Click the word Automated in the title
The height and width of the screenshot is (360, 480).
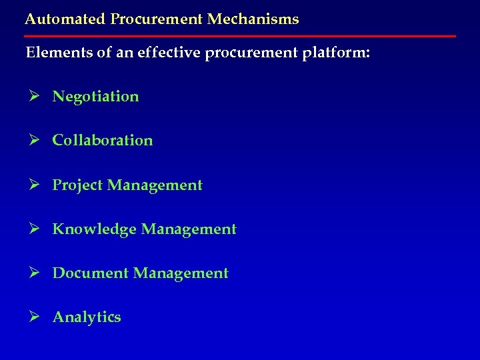point(57,19)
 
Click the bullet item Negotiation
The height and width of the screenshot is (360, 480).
point(96,97)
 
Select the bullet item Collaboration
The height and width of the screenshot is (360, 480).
point(103,141)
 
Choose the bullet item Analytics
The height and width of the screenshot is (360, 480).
point(87,317)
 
